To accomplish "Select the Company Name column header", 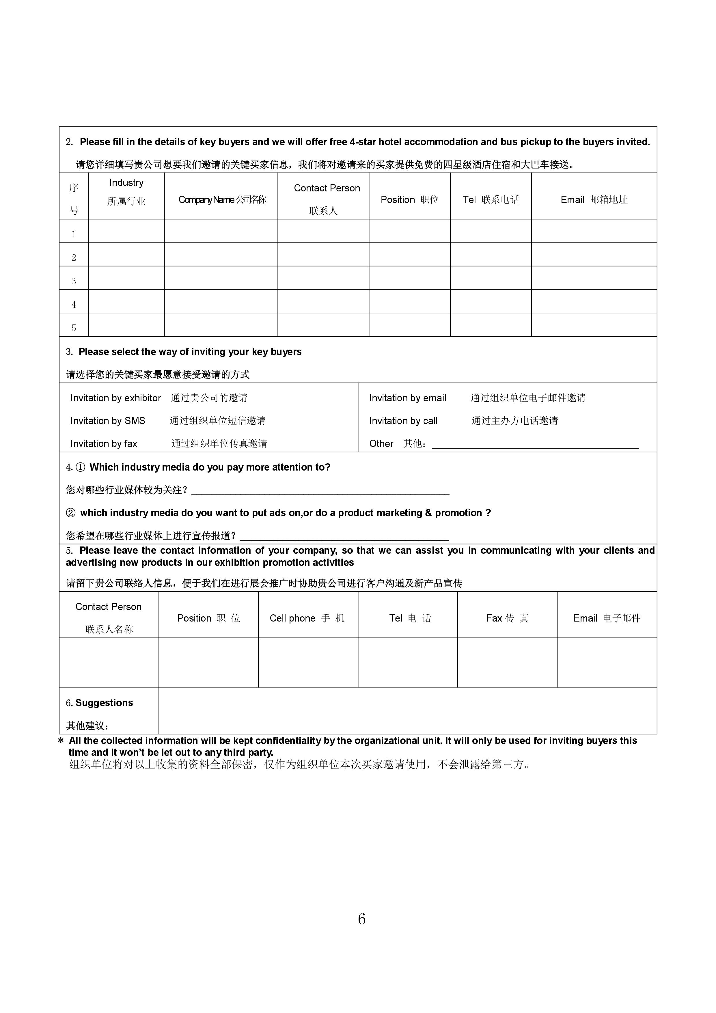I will point(222,200).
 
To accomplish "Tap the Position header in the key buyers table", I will point(409,200).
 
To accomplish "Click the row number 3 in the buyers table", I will point(74,281).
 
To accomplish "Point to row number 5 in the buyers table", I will point(74,328).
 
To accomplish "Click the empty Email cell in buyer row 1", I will point(594,231).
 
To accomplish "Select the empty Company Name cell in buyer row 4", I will point(221,301).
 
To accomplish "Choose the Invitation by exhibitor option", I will point(115,398).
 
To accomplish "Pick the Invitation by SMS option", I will point(108,421).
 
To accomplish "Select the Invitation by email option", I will point(408,398).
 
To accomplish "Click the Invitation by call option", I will point(403,421).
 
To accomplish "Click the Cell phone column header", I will point(307,618).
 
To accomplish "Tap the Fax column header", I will point(507,618).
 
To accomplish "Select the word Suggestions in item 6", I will point(104,703).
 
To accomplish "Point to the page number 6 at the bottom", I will point(361,919).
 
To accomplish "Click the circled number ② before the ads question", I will point(70,513).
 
